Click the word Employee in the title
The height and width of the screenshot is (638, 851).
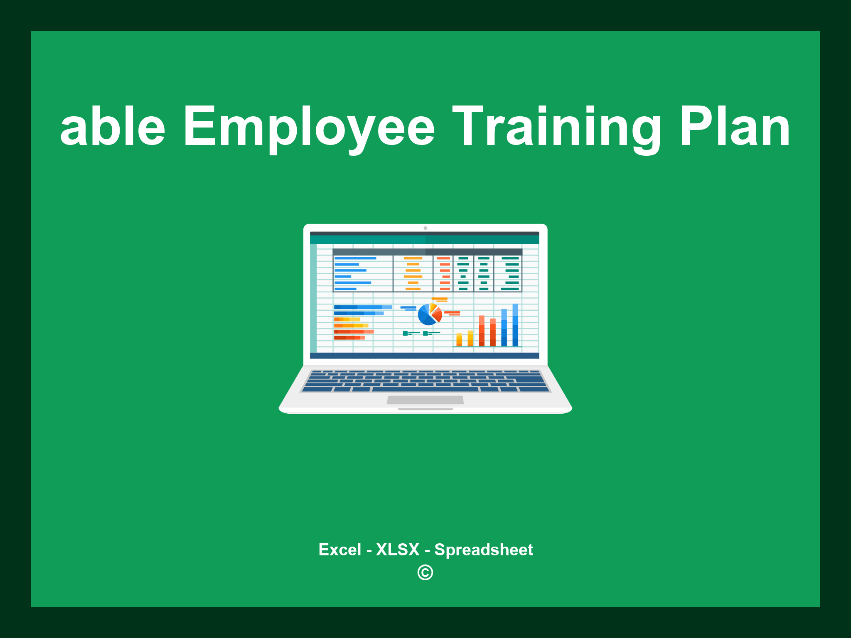[x=309, y=127]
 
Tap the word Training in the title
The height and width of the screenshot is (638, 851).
[x=557, y=127]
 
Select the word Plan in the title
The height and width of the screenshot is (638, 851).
[x=735, y=127]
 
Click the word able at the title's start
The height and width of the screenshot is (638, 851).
[x=113, y=127]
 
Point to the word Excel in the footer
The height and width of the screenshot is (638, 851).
[x=339, y=550]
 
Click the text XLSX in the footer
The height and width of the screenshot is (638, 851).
[x=398, y=550]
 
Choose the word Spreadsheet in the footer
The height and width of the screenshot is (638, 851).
[x=484, y=550]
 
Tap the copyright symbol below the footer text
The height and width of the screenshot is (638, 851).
[x=425, y=572]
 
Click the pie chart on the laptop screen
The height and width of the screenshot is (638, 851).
[x=429, y=314]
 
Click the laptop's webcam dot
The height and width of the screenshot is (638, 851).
[x=425, y=228]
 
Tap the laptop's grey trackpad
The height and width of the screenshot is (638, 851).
[x=425, y=400]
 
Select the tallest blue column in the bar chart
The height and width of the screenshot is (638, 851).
[x=515, y=325]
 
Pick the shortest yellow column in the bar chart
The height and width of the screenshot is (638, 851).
[x=459, y=339]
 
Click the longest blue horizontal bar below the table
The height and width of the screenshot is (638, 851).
[x=362, y=307]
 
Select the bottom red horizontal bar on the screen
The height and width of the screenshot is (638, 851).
[x=349, y=338]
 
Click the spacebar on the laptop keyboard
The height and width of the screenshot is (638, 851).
[x=425, y=389]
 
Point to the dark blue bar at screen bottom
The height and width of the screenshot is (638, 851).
[x=424, y=356]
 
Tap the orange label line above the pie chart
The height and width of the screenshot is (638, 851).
[x=439, y=299]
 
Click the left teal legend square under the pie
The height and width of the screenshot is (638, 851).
[x=405, y=333]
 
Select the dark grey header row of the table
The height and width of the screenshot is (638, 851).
[x=427, y=252]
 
